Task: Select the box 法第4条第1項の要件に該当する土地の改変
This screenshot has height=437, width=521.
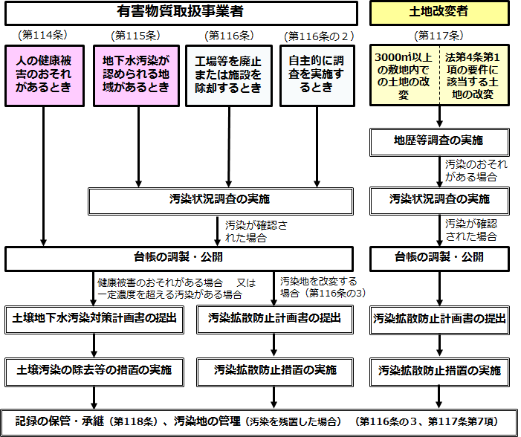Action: tap(473, 74)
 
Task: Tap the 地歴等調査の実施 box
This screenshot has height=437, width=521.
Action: tap(440, 140)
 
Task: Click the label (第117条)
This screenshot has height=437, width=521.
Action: tap(439, 35)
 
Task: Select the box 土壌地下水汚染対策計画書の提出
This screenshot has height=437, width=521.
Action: tap(94, 318)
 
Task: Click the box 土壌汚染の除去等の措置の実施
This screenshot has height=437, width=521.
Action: tap(94, 369)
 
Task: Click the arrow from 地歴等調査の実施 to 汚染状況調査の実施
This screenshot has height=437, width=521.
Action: tap(440, 170)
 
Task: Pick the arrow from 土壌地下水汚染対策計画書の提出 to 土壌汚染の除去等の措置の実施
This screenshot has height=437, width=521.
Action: tap(94, 344)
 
